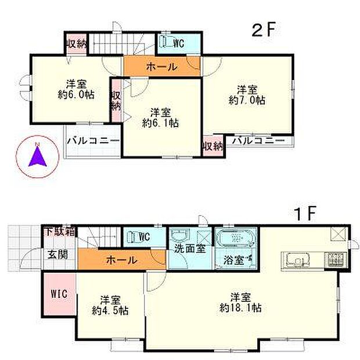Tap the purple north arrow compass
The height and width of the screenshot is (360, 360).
click(x=36, y=157)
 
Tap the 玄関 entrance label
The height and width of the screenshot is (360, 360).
click(x=57, y=254)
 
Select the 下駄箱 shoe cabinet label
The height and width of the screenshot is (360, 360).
click(x=61, y=231)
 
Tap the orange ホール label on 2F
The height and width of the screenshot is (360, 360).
click(x=161, y=67)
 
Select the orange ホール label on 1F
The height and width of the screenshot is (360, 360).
click(x=122, y=260)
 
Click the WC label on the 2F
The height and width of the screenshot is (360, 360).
click(x=178, y=42)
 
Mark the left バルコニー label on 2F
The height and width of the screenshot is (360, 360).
click(x=93, y=141)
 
